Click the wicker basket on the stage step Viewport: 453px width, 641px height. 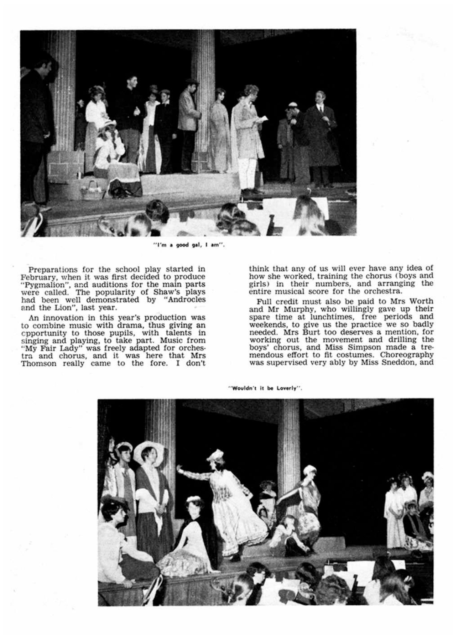click(x=92, y=189)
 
